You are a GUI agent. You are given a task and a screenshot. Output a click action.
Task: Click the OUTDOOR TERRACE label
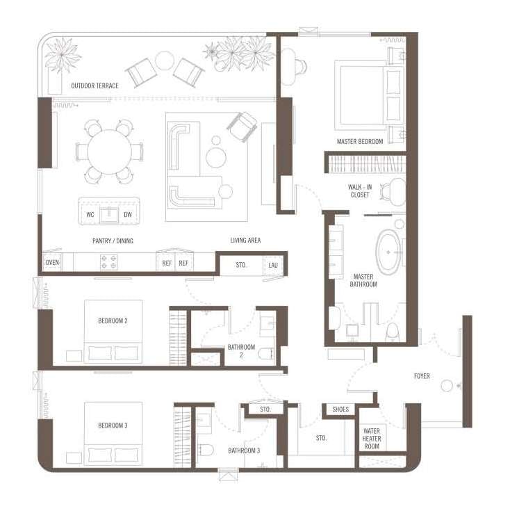click(x=94, y=86)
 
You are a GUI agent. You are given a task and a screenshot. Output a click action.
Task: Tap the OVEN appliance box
click(x=52, y=262)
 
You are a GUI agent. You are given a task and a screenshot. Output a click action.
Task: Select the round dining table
click(x=109, y=152)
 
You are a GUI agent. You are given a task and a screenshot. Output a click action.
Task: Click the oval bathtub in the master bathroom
click(x=388, y=252)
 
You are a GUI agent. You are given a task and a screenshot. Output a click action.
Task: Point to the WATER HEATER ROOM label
click(x=372, y=438)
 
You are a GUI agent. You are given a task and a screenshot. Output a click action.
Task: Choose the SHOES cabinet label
click(x=340, y=409)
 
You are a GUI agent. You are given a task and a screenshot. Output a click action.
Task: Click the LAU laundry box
click(x=273, y=265)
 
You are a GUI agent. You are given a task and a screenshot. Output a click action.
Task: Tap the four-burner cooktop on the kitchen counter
click(x=109, y=262)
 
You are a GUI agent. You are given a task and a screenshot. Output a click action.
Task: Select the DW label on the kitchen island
click(x=128, y=214)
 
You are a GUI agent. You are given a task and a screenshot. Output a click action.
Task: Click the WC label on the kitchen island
click(x=90, y=214)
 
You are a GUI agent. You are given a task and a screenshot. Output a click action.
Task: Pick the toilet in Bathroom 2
click(x=265, y=353)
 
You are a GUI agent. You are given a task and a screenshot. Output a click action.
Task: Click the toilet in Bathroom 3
click(x=206, y=450)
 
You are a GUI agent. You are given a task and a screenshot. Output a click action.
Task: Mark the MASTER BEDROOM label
click(x=360, y=141)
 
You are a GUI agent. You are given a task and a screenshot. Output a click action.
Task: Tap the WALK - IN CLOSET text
click(x=360, y=191)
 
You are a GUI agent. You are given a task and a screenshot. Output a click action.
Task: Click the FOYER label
click(x=422, y=376)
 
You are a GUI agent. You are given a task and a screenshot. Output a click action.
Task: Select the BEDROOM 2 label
click(x=113, y=321)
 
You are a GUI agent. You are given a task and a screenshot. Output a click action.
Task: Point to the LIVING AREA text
click(x=245, y=240)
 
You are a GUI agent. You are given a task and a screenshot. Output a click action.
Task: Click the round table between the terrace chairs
click(x=165, y=60)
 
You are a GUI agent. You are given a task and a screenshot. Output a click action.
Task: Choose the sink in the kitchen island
click(x=109, y=215)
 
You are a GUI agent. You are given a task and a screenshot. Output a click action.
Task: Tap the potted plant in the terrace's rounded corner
click(x=62, y=55)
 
